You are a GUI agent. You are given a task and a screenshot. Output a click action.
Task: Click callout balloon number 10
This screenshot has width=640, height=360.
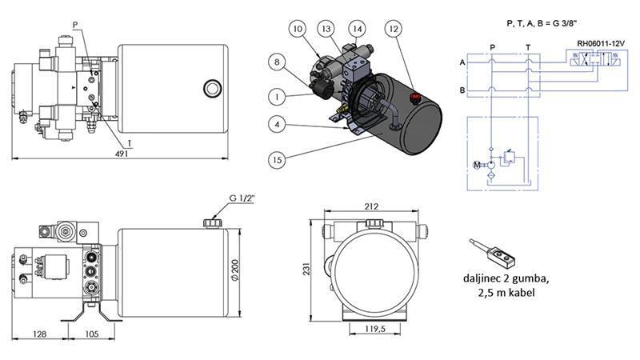[298, 30]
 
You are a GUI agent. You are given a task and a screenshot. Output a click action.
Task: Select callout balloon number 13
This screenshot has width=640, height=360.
[326, 30]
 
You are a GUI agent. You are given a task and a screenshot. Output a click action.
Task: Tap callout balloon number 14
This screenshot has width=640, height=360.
[356, 30]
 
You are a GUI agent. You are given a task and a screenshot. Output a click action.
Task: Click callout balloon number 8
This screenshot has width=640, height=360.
[275, 61]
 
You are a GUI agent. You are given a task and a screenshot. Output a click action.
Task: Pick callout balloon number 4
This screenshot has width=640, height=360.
[275, 125]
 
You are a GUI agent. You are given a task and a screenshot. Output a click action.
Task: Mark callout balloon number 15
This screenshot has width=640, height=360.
[275, 159]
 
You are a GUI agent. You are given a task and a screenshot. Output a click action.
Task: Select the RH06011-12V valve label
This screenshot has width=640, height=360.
[600, 42]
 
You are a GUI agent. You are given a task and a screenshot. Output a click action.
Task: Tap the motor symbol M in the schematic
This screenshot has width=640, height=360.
[477, 165]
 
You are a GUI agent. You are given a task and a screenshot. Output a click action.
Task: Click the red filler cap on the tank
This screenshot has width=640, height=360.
[414, 100]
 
